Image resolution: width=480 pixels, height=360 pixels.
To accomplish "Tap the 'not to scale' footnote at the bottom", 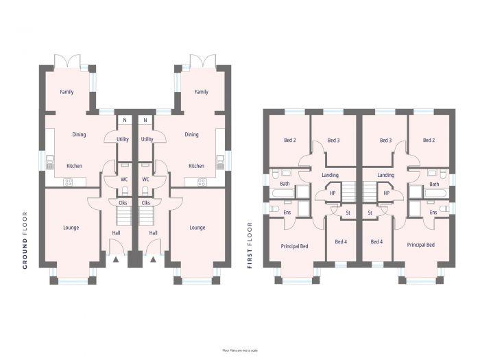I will [239, 350].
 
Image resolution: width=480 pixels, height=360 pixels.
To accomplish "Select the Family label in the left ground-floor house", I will [67, 92].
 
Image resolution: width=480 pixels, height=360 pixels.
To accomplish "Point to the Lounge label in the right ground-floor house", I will [197, 228].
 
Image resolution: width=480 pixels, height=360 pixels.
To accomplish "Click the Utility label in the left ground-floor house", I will [123, 139].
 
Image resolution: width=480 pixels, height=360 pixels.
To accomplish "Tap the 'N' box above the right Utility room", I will [145, 120].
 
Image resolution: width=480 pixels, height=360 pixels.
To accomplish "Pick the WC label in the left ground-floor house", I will [124, 180].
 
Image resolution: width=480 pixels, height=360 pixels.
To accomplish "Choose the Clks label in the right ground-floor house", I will [145, 203].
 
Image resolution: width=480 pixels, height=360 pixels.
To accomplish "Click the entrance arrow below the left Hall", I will [116, 260].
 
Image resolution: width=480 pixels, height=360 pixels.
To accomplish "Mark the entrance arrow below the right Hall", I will [153, 260].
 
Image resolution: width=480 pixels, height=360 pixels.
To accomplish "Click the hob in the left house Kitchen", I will [68, 182].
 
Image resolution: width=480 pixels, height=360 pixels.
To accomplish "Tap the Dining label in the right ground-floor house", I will [191, 134].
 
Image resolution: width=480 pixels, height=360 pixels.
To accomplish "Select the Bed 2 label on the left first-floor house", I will [289, 141].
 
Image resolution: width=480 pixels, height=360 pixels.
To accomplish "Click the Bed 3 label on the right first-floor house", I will [385, 141].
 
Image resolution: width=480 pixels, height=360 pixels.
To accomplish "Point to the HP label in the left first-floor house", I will [332, 193].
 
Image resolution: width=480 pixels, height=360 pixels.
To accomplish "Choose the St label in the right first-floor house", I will [370, 213].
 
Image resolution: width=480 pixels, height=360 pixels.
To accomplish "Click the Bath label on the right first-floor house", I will [433, 184].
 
